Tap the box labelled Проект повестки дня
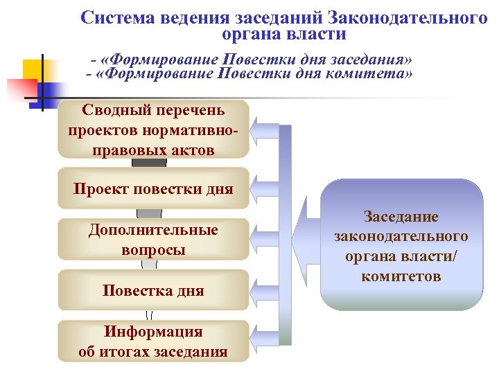(153, 189)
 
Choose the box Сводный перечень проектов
(153, 130)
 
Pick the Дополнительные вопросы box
(153, 240)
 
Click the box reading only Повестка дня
(153, 290)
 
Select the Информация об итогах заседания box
(153, 341)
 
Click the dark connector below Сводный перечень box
(149, 163)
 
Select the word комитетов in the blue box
(401, 276)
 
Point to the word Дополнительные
(153, 231)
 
